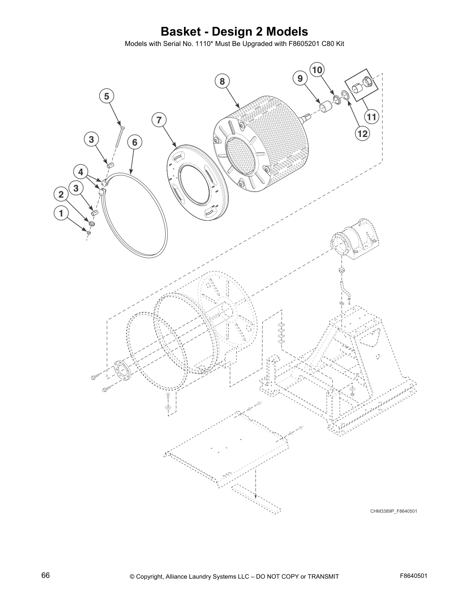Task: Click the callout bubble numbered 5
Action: click(x=107, y=96)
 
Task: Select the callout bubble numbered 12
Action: click(x=362, y=133)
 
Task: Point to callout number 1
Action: click(x=61, y=213)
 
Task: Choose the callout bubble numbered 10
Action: click(x=317, y=70)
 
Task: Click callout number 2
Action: click(x=61, y=195)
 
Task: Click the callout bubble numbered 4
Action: click(x=81, y=172)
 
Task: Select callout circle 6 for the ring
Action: click(x=134, y=143)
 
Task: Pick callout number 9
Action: click(x=300, y=79)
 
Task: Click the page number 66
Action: click(x=45, y=576)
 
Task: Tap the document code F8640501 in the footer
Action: click(x=413, y=576)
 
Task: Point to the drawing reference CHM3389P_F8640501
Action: click(x=394, y=511)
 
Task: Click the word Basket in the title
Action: click(x=181, y=31)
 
